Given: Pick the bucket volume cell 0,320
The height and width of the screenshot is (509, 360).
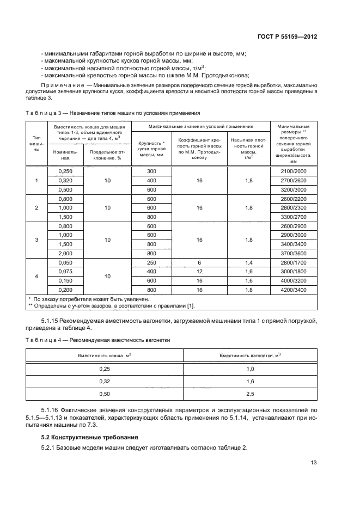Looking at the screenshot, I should pyautogui.click(x=65, y=180).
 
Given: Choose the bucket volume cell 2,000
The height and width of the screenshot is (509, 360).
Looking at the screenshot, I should pyautogui.click(x=65, y=253).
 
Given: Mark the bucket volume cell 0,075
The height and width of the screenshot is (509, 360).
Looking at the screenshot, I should pyautogui.click(x=65, y=272).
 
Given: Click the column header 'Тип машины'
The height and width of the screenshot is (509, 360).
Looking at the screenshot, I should pyautogui.click(x=37, y=143).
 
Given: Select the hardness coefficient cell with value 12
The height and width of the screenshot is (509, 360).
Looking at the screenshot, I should pyautogui.click(x=199, y=272).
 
